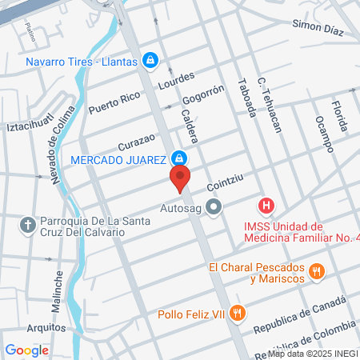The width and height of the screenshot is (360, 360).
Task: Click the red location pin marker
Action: click(180, 178)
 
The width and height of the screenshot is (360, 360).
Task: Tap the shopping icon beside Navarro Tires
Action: click(150, 60)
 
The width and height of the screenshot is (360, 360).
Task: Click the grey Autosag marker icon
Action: click(213, 209)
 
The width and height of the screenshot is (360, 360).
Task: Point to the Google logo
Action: click(27, 350)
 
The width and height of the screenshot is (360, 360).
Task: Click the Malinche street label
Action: click(58, 280)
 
